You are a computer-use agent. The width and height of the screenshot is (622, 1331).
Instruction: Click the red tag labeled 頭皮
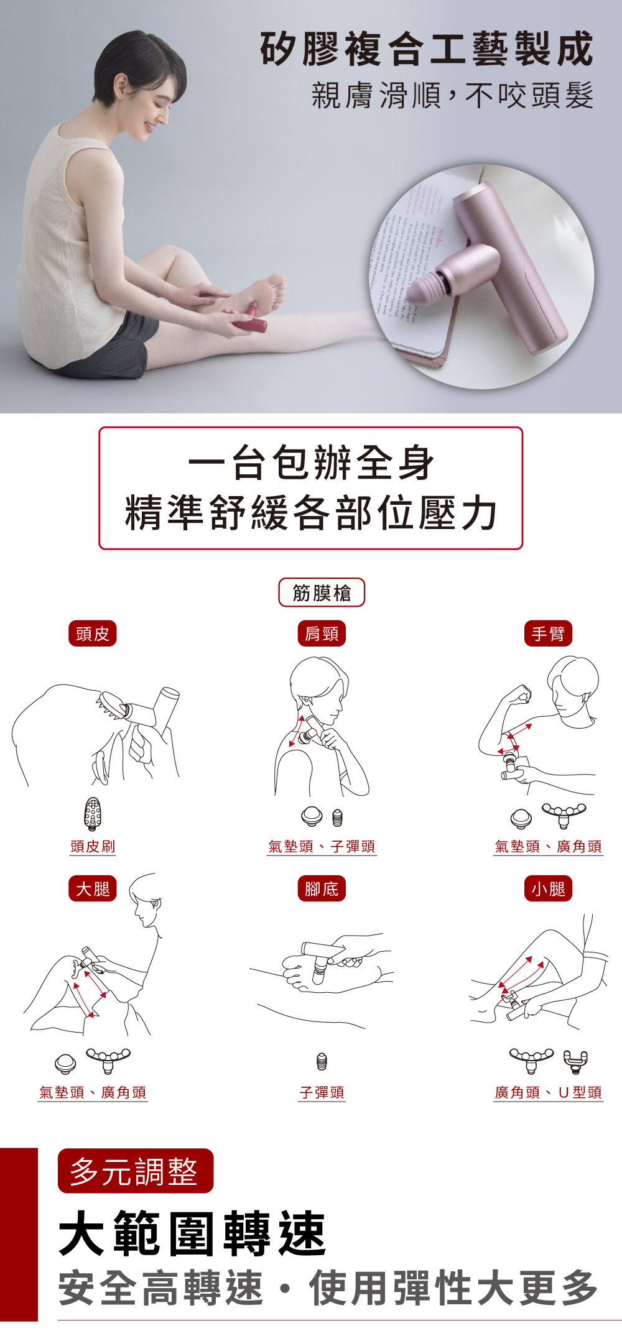click(x=92, y=633)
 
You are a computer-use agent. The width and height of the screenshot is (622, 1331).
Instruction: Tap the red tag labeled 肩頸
click(x=321, y=633)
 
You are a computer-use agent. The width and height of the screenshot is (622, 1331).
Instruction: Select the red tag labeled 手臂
click(x=547, y=633)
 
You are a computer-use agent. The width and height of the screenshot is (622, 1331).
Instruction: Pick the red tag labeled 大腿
click(x=92, y=889)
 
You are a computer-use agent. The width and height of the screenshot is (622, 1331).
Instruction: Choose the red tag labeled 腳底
click(x=321, y=889)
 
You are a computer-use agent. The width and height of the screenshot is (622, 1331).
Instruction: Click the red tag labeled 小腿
click(x=547, y=889)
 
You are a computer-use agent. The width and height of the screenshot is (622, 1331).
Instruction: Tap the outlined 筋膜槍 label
click(x=321, y=592)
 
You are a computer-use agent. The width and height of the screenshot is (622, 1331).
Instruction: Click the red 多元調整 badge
click(x=135, y=1171)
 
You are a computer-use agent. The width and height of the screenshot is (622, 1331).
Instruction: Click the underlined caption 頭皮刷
click(x=93, y=846)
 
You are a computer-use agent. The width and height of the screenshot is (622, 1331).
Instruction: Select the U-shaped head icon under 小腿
click(x=575, y=1060)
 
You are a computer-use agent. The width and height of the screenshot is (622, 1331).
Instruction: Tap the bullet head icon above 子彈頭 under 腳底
click(x=321, y=1061)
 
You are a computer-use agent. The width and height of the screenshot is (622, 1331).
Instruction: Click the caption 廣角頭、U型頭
click(x=548, y=1092)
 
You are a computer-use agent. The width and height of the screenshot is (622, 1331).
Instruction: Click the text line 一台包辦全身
click(x=310, y=463)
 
